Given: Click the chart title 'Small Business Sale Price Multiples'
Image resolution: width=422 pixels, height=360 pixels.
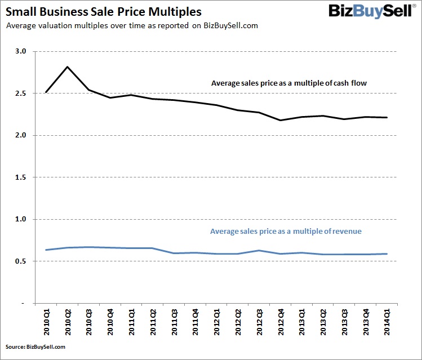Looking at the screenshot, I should coord(104,11).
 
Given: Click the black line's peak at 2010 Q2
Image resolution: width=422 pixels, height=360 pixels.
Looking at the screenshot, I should coord(68,67).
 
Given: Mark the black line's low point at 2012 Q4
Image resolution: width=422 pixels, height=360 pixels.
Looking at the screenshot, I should coord(280,120).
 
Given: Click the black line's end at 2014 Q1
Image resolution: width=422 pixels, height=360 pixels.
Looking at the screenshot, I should coord(387,117).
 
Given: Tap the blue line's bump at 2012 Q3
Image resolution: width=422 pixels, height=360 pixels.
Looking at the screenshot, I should coord(259,251).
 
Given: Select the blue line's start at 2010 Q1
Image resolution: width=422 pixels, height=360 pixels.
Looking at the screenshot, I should coord(46,250).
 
